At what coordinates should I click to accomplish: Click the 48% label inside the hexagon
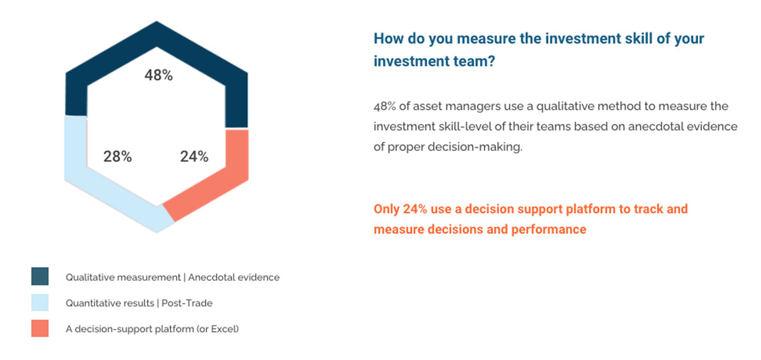(x=159, y=75)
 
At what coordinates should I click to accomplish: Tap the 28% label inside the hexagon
(x=117, y=157)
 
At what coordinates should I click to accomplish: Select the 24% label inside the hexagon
(x=194, y=157)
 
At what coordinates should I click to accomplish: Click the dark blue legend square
(x=40, y=276)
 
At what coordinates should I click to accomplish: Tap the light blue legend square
(x=40, y=302)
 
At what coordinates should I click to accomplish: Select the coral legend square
(x=40, y=328)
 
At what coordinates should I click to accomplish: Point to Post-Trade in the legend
(x=187, y=303)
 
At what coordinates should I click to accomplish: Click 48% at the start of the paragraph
(x=384, y=106)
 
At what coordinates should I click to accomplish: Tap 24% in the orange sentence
(x=415, y=209)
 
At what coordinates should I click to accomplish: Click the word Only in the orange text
(x=387, y=209)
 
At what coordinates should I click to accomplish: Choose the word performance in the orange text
(x=549, y=229)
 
